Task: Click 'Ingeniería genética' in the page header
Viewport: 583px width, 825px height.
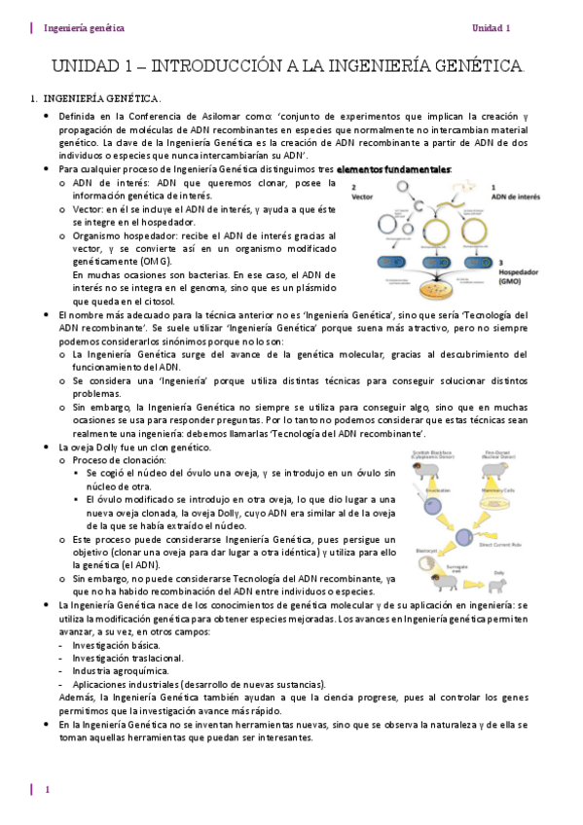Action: [85, 28]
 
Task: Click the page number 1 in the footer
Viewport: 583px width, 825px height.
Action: [47, 789]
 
